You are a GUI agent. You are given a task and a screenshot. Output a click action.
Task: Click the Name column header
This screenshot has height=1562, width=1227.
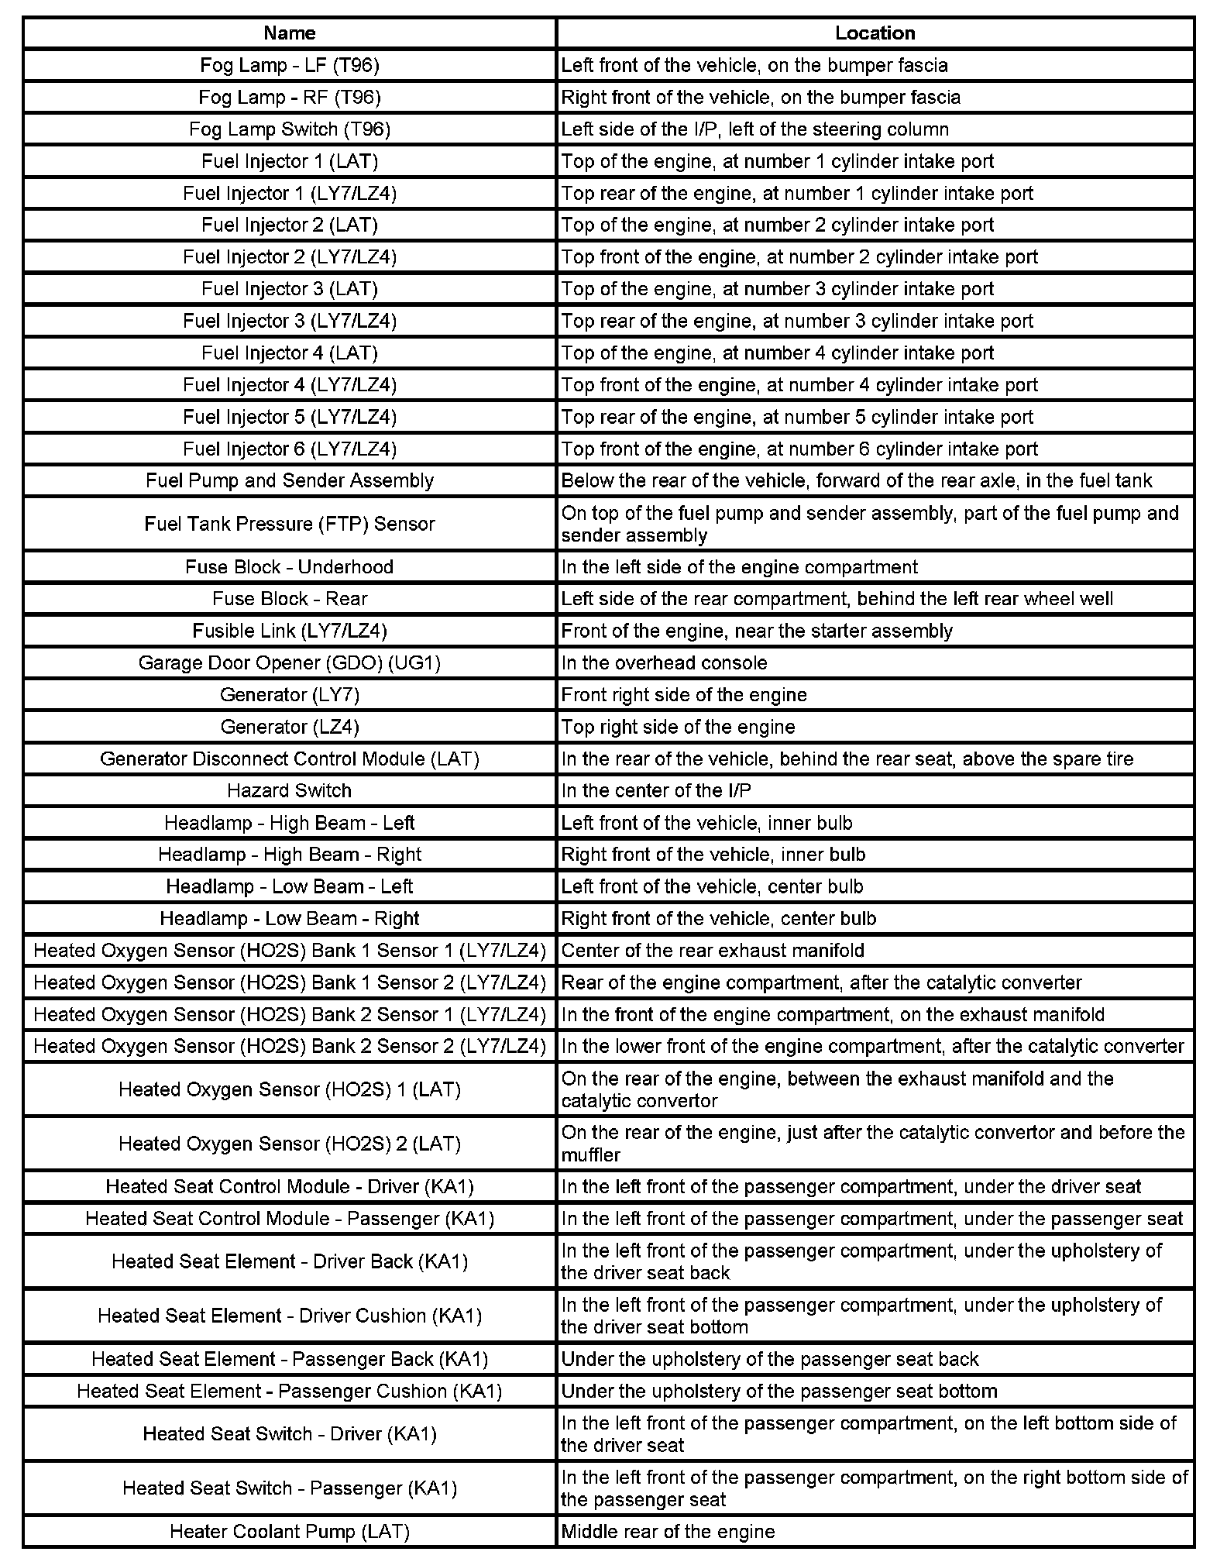pyautogui.click(x=289, y=33)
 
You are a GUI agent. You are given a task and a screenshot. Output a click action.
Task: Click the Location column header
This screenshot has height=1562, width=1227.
pyautogui.click(x=875, y=33)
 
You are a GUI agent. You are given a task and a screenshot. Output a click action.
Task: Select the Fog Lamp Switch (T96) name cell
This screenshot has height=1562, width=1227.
pyautogui.click(x=289, y=129)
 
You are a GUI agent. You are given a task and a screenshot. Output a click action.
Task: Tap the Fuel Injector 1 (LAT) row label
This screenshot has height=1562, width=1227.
pyautogui.click(x=289, y=161)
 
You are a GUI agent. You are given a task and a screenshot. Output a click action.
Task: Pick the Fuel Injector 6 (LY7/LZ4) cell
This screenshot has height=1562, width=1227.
pyautogui.click(x=289, y=449)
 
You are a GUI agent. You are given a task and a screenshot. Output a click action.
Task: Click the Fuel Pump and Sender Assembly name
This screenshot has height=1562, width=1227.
pyautogui.click(x=289, y=480)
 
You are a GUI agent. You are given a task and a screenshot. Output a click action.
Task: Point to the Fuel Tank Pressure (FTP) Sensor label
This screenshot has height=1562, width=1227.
pyautogui.click(x=289, y=524)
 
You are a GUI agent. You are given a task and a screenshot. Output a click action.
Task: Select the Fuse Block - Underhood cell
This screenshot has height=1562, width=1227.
pyautogui.click(x=289, y=567)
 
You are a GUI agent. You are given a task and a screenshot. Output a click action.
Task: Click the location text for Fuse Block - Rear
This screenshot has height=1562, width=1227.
pyautogui.click(x=837, y=599)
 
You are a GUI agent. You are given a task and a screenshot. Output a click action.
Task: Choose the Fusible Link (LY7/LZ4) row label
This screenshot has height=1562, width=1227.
pyautogui.click(x=289, y=631)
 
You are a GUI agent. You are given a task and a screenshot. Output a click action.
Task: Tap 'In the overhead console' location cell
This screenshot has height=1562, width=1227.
pyautogui.click(x=664, y=663)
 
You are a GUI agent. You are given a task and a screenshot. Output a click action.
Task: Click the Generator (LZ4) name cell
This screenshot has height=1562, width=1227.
pyautogui.click(x=289, y=727)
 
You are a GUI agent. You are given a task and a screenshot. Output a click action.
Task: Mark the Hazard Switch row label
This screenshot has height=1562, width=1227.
pyautogui.click(x=289, y=790)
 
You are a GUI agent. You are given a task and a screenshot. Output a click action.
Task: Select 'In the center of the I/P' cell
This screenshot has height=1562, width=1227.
pyautogui.click(x=655, y=790)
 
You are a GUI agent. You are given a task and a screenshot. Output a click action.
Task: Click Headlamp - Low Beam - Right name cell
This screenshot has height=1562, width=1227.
pyautogui.click(x=289, y=918)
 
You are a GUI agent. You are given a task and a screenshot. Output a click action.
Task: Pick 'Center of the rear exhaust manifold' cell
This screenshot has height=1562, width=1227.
pyautogui.click(x=712, y=951)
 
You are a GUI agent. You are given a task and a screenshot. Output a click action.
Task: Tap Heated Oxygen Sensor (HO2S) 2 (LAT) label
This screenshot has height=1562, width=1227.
pyautogui.click(x=289, y=1144)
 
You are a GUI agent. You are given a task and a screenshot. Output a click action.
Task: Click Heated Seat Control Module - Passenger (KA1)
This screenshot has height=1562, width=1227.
pyautogui.click(x=289, y=1219)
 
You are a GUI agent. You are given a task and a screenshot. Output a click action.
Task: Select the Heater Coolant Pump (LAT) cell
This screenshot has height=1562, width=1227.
pyautogui.click(x=289, y=1532)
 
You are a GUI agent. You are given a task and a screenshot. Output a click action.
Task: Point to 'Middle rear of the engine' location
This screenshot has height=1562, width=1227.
pyautogui.click(x=667, y=1532)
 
